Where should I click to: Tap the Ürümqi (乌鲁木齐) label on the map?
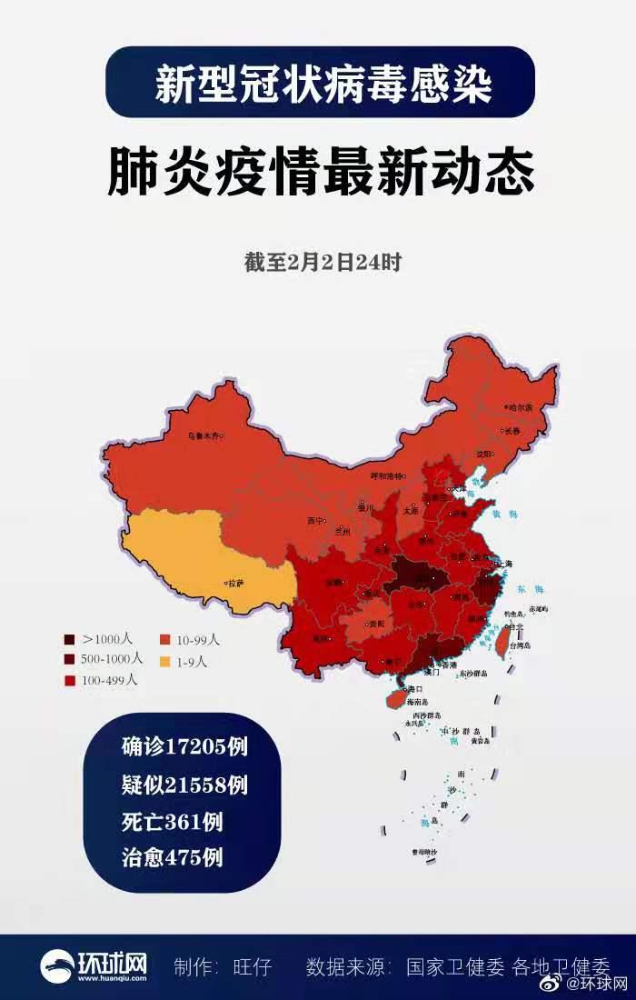(204, 435)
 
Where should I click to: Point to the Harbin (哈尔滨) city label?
(521, 408)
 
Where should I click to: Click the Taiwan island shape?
(501, 641)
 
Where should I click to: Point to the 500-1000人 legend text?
(112, 659)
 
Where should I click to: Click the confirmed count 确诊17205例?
(185, 747)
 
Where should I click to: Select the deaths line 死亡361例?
(173, 821)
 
